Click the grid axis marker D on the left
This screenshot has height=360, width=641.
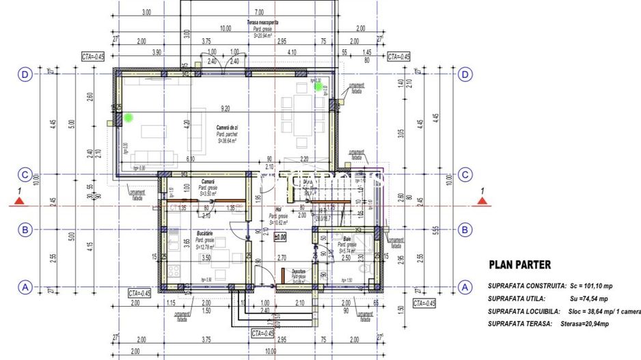[x=25, y=74]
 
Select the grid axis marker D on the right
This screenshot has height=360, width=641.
[x=465, y=74]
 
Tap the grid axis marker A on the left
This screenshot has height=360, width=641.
[x=25, y=287]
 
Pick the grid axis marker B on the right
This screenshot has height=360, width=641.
[x=465, y=230]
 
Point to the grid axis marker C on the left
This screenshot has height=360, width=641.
[x=25, y=175]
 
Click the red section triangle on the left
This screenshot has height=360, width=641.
[x=21, y=201]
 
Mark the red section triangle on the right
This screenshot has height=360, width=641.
[x=482, y=201]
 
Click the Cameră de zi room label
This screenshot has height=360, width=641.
[x=222, y=128]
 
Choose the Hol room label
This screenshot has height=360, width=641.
[x=278, y=210]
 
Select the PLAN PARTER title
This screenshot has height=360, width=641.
[x=520, y=264]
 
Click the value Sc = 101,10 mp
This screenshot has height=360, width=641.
[x=593, y=286]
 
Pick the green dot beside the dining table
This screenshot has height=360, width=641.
[x=318, y=86]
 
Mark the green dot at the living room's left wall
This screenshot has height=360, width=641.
[x=127, y=118]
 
